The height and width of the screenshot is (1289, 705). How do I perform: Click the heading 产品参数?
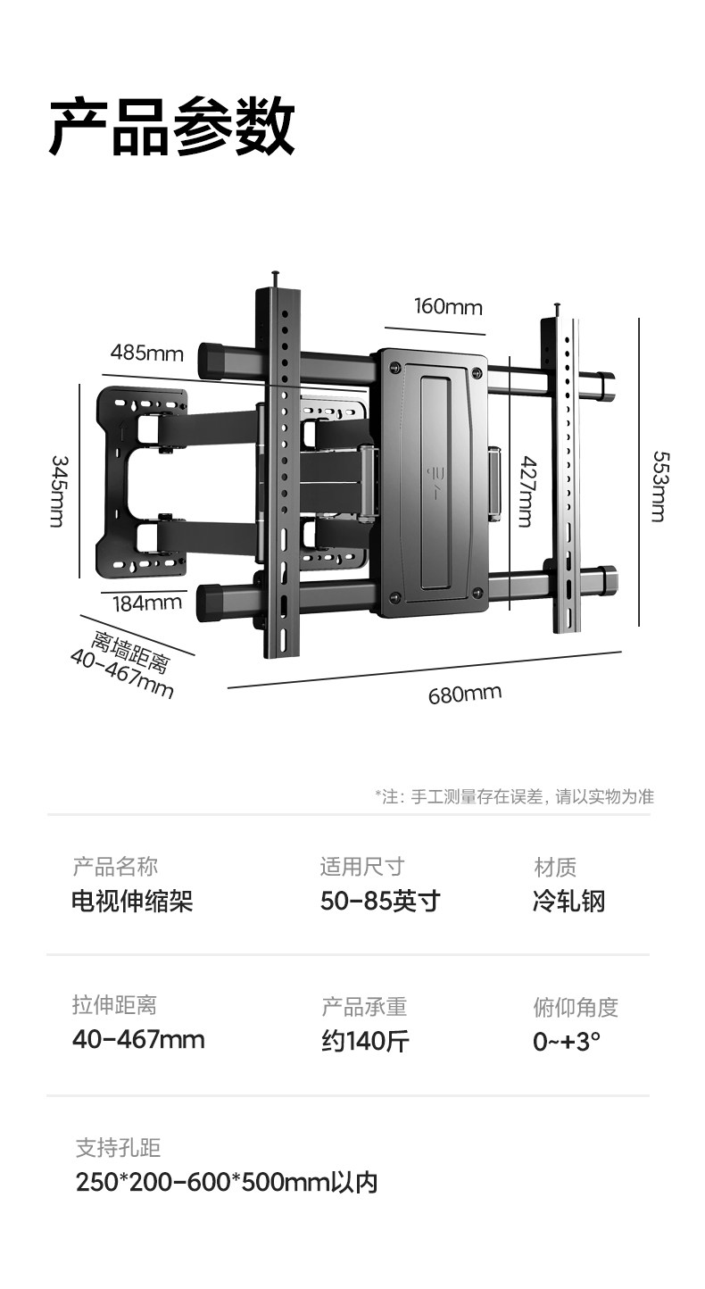coord(171,128)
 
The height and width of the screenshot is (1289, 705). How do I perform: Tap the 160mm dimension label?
coord(447,307)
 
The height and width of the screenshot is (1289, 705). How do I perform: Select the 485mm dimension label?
coord(146,352)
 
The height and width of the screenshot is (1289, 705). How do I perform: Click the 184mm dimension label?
coord(146,603)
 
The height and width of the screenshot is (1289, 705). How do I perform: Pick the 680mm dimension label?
coord(464,693)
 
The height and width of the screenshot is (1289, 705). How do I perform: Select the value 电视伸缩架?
coord(132,901)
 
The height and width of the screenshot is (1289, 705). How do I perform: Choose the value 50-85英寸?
coord(380,901)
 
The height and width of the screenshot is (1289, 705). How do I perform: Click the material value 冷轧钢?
coord(568,901)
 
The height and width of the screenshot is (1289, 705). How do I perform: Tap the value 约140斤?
coord(365,1041)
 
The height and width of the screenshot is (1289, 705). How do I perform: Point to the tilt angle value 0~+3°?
coord(567,1041)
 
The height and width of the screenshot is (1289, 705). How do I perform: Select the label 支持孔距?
coord(118,1148)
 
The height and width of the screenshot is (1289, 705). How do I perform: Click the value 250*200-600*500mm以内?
coord(227,1183)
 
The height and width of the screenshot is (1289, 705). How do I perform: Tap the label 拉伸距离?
coord(114,1005)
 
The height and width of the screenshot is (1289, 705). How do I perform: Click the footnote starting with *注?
coord(514,797)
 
